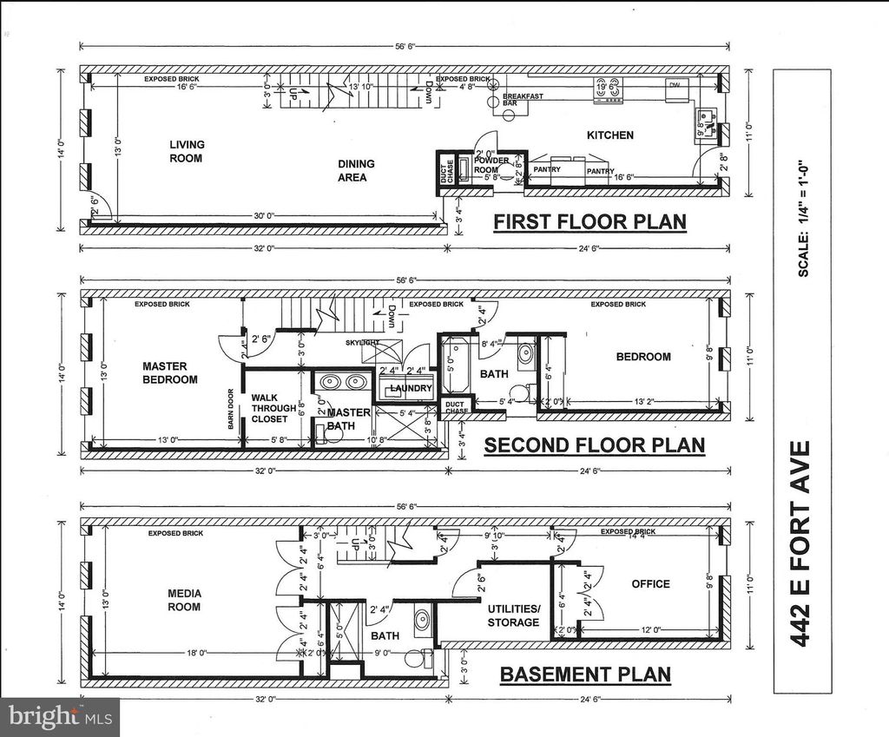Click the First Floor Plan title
(x=589, y=222)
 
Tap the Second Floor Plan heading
(x=594, y=446)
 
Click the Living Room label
(x=186, y=152)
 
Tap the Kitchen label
(x=609, y=135)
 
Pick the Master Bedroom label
(x=170, y=373)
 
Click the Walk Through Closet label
(x=269, y=408)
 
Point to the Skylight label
(x=362, y=344)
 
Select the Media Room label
(x=184, y=600)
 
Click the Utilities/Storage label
(x=513, y=615)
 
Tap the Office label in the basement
(x=650, y=584)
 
